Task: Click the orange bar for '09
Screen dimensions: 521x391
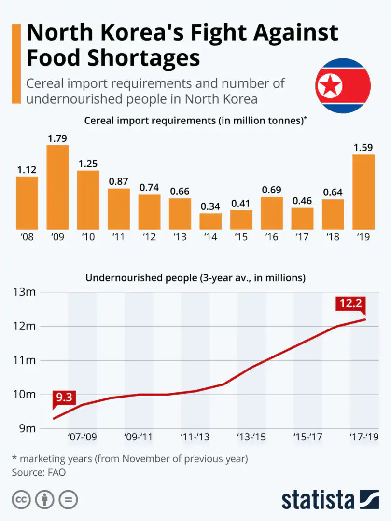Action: pyautogui.click(x=57, y=187)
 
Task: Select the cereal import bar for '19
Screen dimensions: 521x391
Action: pyautogui.click(x=363, y=192)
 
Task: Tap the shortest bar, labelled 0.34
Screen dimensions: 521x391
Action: pyautogui.click(x=210, y=221)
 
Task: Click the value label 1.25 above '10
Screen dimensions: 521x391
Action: pyautogui.click(x=88, y=164)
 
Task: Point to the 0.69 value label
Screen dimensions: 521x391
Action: pyautogui.click(x=272, y=190)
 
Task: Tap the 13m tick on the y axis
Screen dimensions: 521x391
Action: pyautogui.click(x=24, y=292)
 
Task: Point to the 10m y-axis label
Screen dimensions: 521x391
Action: pyautogui.click(x=24, y=395)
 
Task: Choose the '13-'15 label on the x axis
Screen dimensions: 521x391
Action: pyautogui.click(x=252, y=437)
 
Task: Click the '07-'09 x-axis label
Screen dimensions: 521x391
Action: pyautogui.click(x=83, y=437)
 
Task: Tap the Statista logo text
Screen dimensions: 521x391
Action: pyautogui.click(x=317, y=499)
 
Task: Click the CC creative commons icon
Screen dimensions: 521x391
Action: pyautogui.click(x=21, y=499)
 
